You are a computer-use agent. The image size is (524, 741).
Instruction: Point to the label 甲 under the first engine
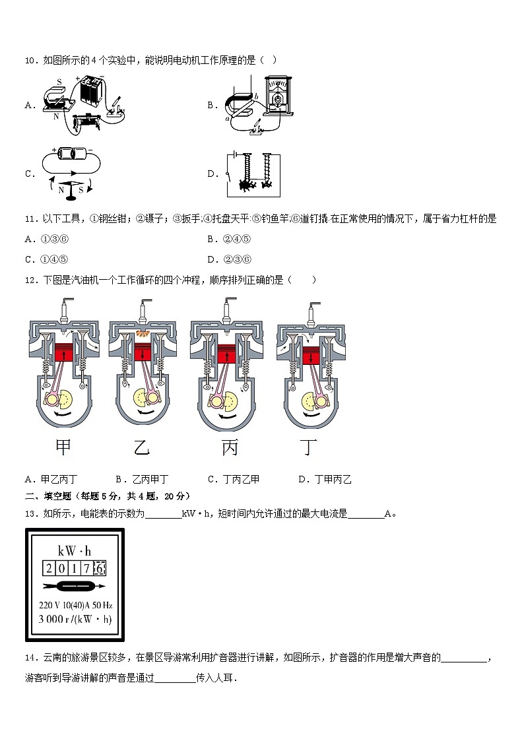(x=63, y=448)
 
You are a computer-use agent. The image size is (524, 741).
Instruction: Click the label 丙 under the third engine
(x=229, y=449)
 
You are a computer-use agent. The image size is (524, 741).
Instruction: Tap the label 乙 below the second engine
(x=142, y=449)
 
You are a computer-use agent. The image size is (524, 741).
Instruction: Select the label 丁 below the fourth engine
(x=308, y=449)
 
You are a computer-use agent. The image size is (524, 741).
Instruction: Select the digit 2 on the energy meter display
(x=49, y=568)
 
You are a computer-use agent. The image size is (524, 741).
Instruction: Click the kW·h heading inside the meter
(x=75, y=551)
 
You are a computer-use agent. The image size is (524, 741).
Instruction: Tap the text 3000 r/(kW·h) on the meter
(x=75, y=619)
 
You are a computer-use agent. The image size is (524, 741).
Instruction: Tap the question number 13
(x=30, y=513)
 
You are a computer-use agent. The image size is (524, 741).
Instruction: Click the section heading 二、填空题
(x=50, y=496)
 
